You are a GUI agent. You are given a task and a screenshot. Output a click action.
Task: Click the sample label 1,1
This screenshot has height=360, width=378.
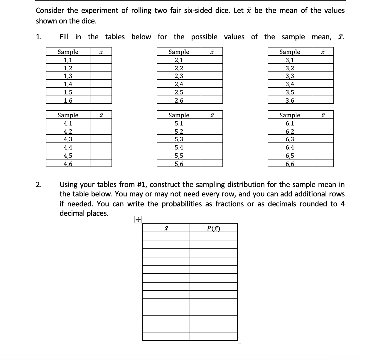[68, 60]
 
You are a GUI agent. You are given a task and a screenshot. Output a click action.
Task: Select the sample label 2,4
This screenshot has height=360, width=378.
[179, 84]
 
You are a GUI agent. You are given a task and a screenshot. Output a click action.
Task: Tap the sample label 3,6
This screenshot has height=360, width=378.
[290, 101]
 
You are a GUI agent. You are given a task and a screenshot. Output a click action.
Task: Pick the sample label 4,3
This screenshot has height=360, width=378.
[68, 139]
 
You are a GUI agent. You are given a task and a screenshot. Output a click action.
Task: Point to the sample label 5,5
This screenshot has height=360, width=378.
[179, 156]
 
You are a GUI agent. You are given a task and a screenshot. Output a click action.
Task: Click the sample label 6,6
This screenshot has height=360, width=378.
[290, 164]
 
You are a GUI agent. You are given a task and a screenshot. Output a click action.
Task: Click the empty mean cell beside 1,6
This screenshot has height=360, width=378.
[101, 101]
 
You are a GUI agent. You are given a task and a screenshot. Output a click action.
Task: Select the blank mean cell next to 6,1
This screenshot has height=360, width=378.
[323, 123]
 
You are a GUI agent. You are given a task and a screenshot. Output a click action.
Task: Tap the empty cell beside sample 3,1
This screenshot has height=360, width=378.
[323, 60]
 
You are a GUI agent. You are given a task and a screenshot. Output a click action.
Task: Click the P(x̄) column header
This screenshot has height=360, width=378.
[213, 228]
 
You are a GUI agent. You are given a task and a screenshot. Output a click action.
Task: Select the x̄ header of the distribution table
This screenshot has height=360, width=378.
[166, 228]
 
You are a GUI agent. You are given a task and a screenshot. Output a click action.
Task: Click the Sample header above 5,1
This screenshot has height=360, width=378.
[179, 115]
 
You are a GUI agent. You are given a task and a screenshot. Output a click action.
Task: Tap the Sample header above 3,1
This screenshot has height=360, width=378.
[290, 52]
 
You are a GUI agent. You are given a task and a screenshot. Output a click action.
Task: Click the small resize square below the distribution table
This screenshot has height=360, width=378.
[239, 342]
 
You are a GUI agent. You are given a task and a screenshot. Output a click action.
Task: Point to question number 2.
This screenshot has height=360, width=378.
[38, 185]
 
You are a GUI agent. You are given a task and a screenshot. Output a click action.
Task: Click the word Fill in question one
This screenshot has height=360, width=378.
[64, 37]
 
